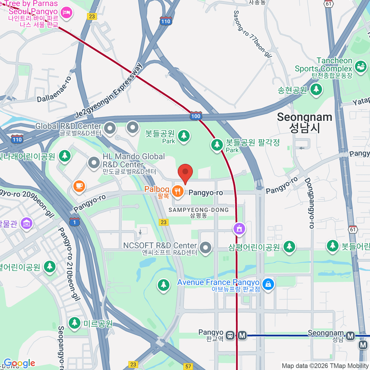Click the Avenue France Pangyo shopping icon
[x=268, y=284]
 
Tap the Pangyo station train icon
[x=230, y=335]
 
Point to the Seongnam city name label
[x=304, y=122]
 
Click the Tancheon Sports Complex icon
[x=360, y=66]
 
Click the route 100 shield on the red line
[x=196, y=116]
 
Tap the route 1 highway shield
[x=74, y=222]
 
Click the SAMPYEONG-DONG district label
[x=199, y=212]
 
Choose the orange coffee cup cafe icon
[x=79, y=186]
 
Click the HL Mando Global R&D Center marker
[x=94, y=163]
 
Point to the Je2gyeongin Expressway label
[x=109, y=91]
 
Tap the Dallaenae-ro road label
[x=54, y=89]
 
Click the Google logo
[x=19, y=363]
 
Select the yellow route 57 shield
[x=188, y=366]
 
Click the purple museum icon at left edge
[x=27, y=223]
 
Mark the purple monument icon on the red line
[x=239, y=229]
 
